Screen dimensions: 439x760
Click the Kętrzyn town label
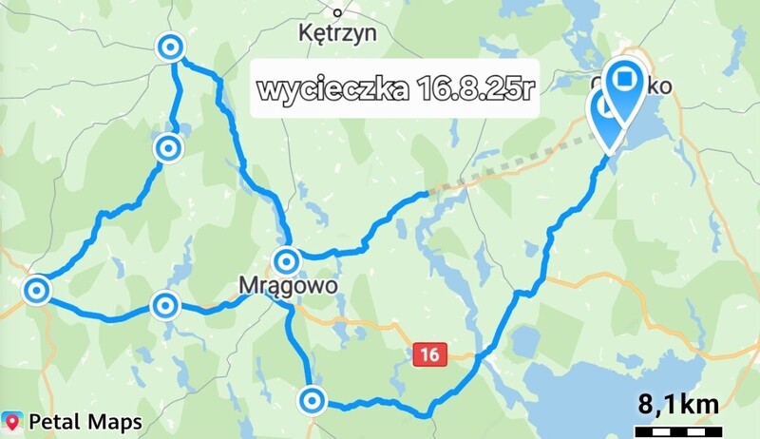[x=337, y=33]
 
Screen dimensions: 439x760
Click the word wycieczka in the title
[x=332, y=90]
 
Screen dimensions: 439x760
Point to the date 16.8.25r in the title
[x=475, y=90]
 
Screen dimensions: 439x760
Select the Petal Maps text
[x=85, y=421]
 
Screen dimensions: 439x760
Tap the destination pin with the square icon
[x=626, y=81]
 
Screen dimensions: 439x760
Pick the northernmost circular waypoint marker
[x=171, y=47]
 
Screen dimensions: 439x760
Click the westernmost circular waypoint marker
[x=36, y=290]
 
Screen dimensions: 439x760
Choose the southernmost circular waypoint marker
[x=311, y=400]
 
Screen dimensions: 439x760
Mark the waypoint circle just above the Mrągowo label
[x=287, y=259]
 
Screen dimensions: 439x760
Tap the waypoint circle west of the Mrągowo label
[x=165, y=305]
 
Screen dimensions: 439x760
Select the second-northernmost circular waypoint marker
[x=168, y=148]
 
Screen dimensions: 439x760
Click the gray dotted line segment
[x=503, y=166]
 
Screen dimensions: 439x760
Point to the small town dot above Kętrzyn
[x=337, y=12]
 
